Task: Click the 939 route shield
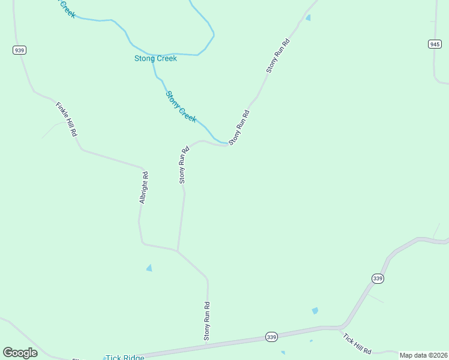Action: click(x=19, y=50)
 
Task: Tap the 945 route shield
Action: click(x=435, y=44)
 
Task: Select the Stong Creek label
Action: click(x=155, y=58)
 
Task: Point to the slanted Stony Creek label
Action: click(x=181, y=106)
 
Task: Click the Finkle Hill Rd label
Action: click(x=67, y=119)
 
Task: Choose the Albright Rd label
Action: click(x=143, y=187)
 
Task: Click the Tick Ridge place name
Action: click(x=125, y=358)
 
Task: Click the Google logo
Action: click(x=20, y=352)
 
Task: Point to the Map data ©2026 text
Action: click(x=423, y=355)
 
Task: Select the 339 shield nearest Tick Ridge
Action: click(x=271, y=337)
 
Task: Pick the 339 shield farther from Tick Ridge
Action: click(x=378, y=278)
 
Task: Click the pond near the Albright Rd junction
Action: click(x=149, y=268)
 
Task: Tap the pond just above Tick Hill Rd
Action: click(x=315, y=311)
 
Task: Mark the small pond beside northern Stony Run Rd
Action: click(x=308, y=18)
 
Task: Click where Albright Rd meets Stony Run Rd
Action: click(x=177, y=251)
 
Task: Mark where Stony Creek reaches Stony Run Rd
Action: click(x=228, y=144)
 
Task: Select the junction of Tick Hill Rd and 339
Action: click(x=340, y=328)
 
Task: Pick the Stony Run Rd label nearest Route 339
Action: click(x=207, y=322)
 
